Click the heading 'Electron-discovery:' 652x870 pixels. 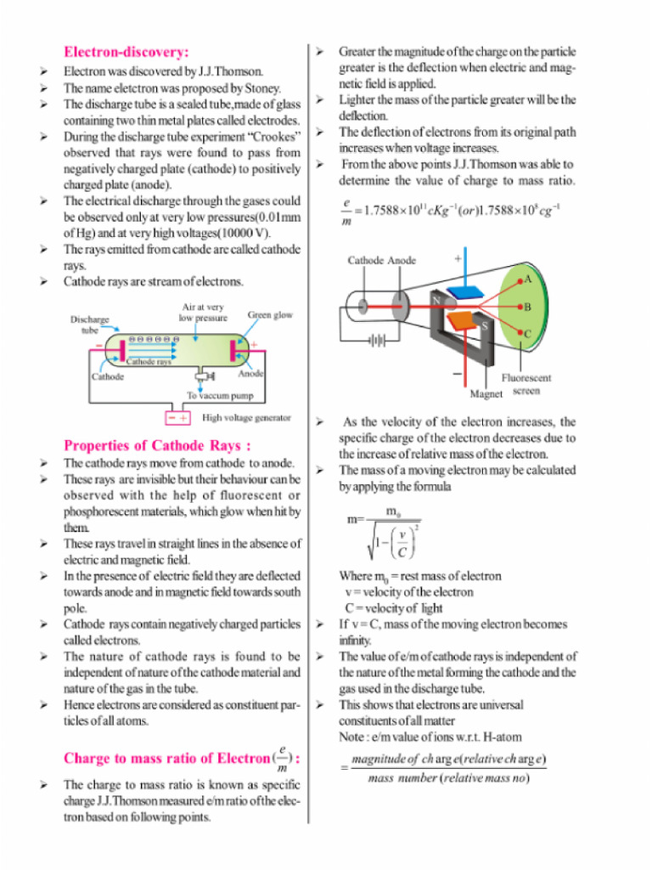point(126,52)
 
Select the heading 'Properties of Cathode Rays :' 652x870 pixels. point(157,445)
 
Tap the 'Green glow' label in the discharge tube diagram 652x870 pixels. point(270,315)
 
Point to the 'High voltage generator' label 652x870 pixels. point(246,418)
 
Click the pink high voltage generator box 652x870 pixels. point(178,418)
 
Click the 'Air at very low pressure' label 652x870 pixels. point(203,312)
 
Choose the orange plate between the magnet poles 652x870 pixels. point(461,321)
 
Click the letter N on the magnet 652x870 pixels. point(434,301)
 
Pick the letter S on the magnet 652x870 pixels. point(485,325)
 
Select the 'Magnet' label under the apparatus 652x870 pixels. point(486,393)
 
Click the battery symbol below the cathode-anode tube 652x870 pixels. point(376,342)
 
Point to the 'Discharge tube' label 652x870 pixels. point(89,325)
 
